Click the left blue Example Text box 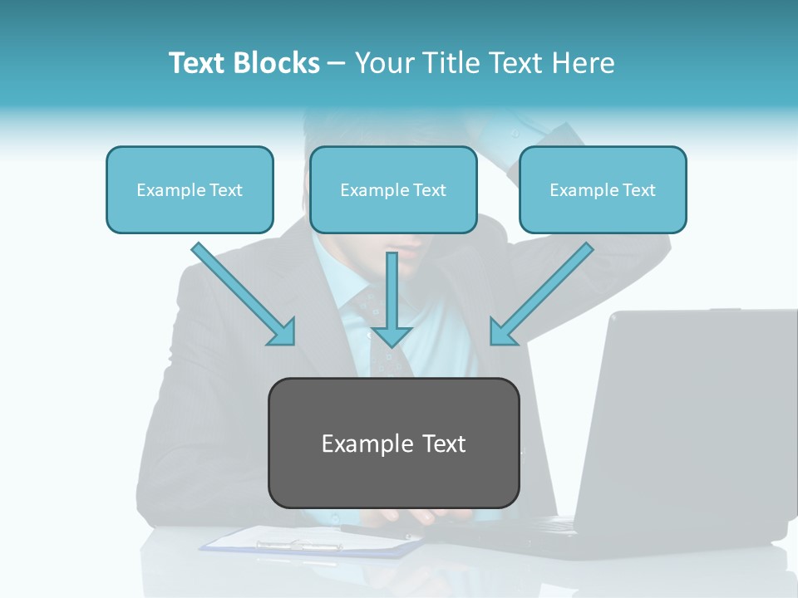[190, 189]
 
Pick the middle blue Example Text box [393, 189]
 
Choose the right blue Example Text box [603, 189]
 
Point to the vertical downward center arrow [392, 299]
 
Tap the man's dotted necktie [378, 341]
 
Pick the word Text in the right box [638, 189]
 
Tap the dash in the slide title [337, 63]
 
